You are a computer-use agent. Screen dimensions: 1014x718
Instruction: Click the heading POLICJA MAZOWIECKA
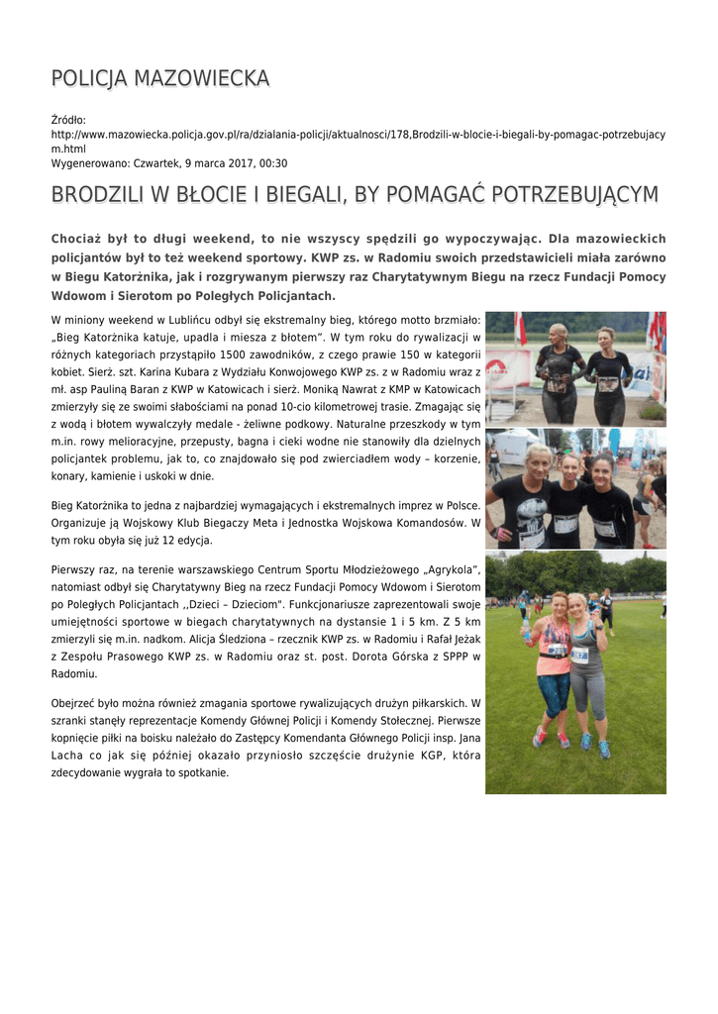click(159, 78)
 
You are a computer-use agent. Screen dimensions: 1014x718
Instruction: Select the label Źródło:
click(68, 120)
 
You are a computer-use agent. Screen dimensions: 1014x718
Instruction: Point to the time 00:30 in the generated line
click(273, 162)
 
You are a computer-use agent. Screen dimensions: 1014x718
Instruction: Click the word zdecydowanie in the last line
click(88, 772)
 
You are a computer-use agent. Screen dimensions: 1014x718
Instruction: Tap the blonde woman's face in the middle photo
click(539, 463)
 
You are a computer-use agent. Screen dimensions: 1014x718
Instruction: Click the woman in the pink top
click(553, 659)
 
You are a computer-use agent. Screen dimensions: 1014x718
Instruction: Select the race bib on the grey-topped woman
click(580, 655)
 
